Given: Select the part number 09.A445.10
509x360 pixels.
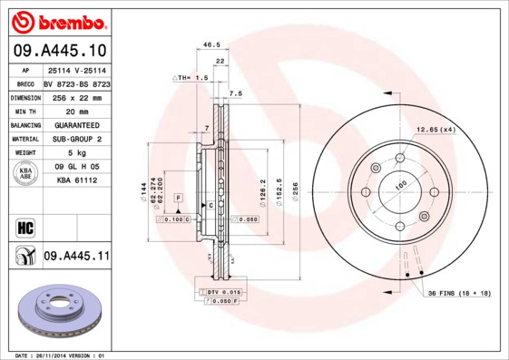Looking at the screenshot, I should coord(58,51).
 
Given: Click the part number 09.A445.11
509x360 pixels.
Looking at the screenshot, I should coord(76,258).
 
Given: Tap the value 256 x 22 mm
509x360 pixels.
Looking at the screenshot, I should coord(76,96).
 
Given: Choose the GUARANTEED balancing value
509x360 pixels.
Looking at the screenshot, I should coord(76,124).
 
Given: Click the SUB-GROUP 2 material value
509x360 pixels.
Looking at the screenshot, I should coord(76,139).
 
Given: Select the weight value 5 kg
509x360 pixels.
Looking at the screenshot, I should coord(76,153).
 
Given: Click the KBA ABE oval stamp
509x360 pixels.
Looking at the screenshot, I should coord(25,174).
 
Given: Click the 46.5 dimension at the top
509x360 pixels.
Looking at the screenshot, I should coord(211,44).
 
